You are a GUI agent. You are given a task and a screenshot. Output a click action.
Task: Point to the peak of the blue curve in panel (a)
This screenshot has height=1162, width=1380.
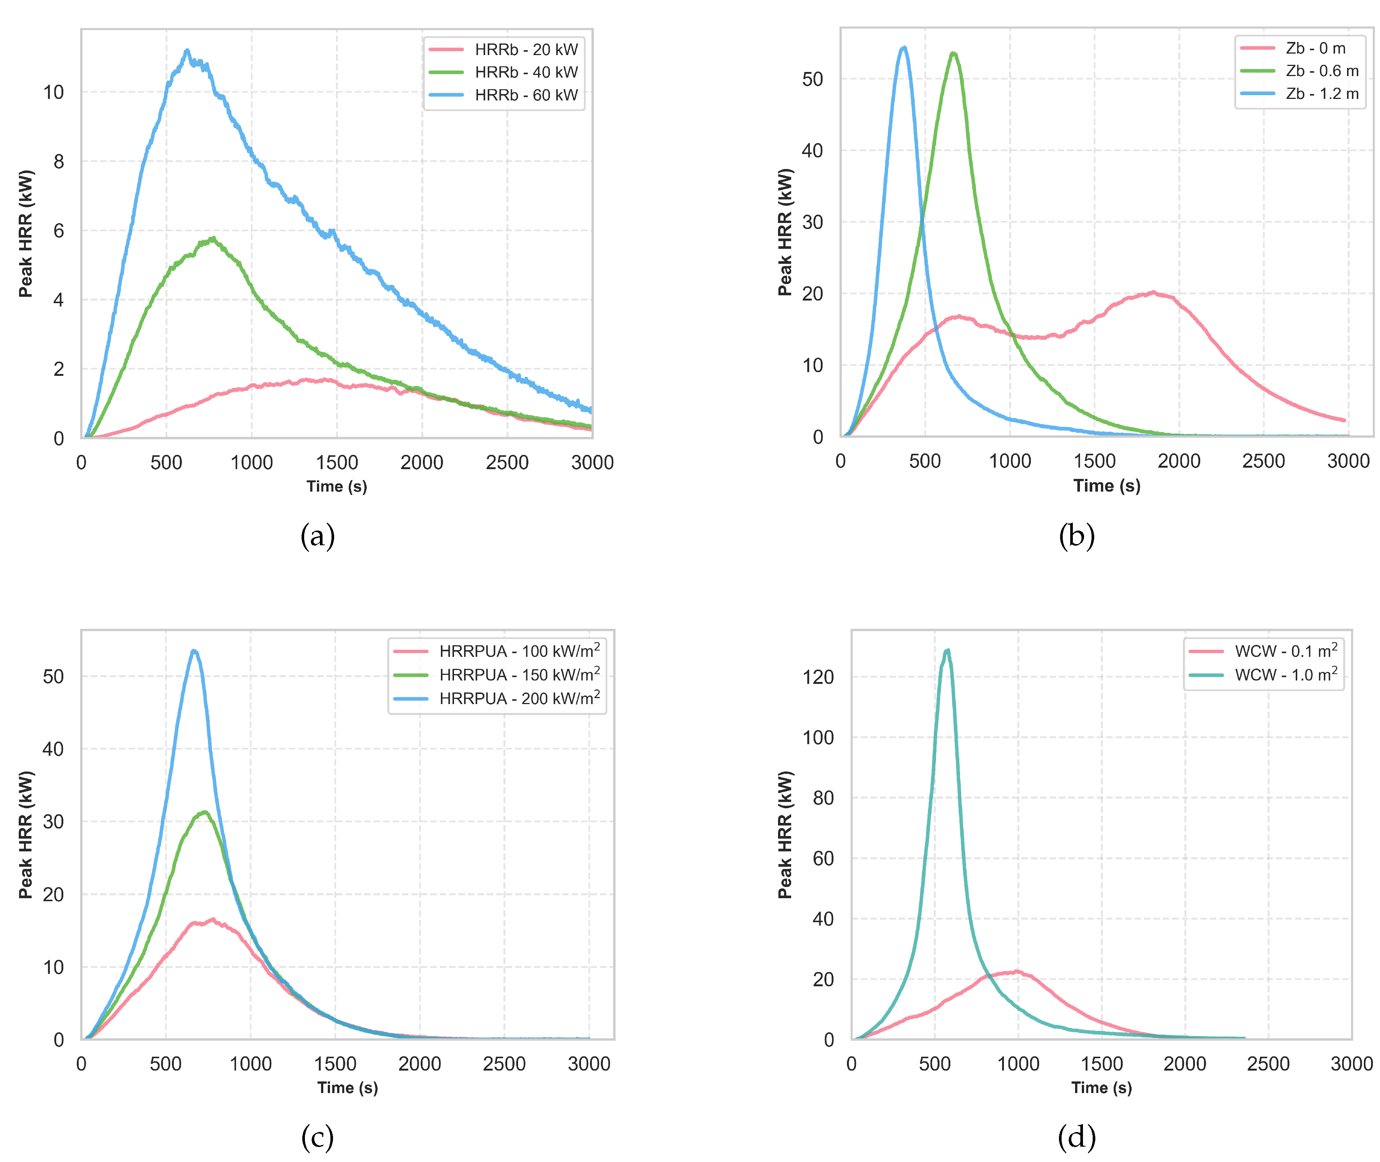(187, 51)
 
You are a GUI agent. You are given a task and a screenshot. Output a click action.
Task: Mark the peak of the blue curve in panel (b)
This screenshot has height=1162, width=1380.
(904, 48)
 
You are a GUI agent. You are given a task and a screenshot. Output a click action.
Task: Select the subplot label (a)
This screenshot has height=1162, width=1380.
(317, 536)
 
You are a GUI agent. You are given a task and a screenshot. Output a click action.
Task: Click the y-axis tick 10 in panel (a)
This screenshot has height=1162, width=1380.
(54, 92)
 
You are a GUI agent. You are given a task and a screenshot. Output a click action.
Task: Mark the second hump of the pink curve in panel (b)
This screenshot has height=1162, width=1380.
(1152, 293)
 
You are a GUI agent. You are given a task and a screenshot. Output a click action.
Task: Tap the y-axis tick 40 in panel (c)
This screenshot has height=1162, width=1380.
(53, 749)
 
